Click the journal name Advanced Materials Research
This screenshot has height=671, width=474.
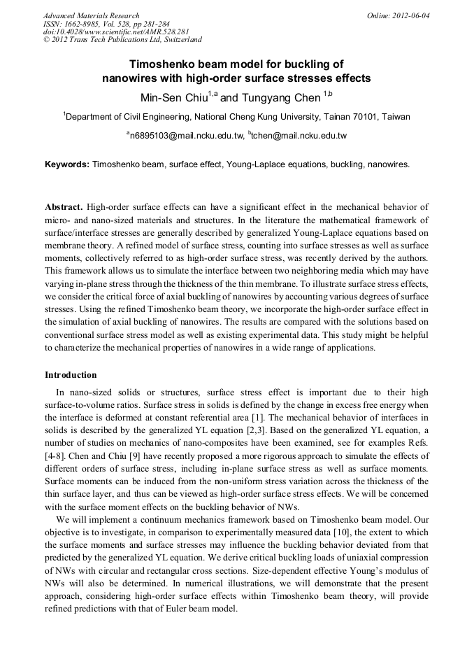pos(91,15)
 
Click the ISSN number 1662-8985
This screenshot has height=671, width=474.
pos(87,23)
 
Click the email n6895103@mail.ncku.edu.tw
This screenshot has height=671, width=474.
pos(187,136)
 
